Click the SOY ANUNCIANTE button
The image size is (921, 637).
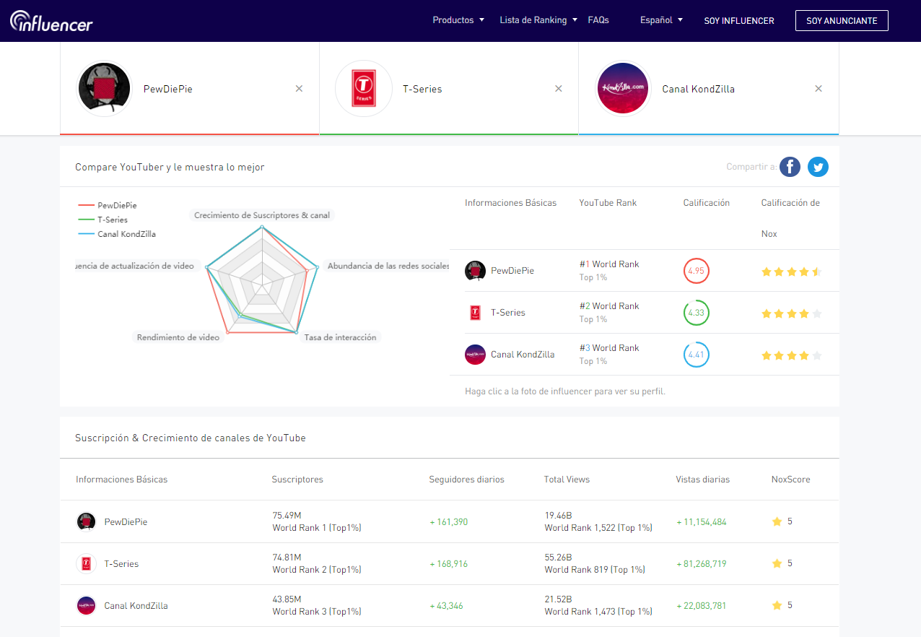842,20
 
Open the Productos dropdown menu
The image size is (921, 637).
458,20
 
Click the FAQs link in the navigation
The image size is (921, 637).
598,20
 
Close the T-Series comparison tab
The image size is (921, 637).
559,88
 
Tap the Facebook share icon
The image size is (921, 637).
790,167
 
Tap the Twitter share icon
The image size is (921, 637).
818,167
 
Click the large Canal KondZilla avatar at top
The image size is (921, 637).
623,88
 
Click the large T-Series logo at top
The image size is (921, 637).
364,88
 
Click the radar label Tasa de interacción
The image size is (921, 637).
340,337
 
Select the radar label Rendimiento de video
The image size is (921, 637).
178,337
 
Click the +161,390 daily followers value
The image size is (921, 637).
448,521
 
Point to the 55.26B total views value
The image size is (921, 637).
558,557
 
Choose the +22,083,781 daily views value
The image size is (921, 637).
702,606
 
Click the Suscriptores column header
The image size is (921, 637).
297,480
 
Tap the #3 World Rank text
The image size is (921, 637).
609,347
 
